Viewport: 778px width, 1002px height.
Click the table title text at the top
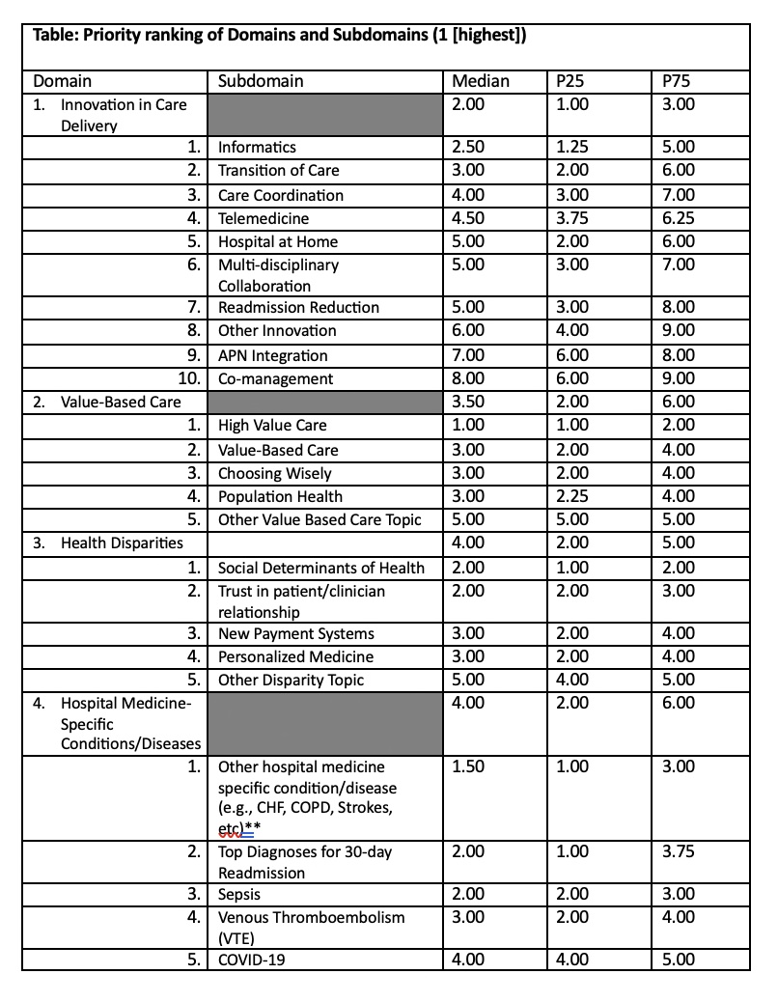click(x=280, y=37)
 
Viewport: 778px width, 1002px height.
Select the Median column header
click(x=481, y=81)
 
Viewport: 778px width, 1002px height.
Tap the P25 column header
click(x=571, y=81)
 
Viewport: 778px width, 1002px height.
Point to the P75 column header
click(x=677, y=81)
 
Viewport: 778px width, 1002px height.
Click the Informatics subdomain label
click(x=257, y=148)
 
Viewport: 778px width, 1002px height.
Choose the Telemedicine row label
click(x=264, y=218)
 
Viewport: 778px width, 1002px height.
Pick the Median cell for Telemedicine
click(x=468, y=218)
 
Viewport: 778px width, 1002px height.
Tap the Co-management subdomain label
click(x=275, y=378)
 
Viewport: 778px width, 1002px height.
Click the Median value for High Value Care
click(x=468, y=425)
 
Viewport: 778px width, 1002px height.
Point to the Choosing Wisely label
click(x=274, y=473)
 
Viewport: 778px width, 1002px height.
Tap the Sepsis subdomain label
click(x=239, y=894)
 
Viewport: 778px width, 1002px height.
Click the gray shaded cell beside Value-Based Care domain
click(x=325, y=402)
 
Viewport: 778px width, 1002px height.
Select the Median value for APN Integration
click(x=468, y=355)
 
